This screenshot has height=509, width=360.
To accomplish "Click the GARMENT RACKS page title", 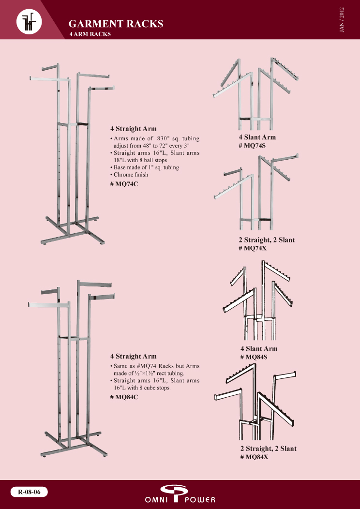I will [116, 24].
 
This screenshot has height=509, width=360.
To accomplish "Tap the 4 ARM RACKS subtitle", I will [90, 34].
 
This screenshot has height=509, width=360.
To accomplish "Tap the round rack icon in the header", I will [29, 21].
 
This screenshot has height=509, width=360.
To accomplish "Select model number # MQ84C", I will [125, 397].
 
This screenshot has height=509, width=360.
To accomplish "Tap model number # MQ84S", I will [254, 357].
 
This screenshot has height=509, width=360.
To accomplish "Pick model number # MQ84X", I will [254, 457].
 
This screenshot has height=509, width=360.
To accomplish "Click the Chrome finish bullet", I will [131, 175].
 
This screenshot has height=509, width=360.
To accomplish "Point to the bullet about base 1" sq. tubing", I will [146, 167].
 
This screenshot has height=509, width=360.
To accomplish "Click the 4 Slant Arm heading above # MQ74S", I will [257, 138].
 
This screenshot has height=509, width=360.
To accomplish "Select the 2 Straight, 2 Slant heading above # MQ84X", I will [268, 449].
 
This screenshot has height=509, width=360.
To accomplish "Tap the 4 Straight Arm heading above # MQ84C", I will [134, 357].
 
